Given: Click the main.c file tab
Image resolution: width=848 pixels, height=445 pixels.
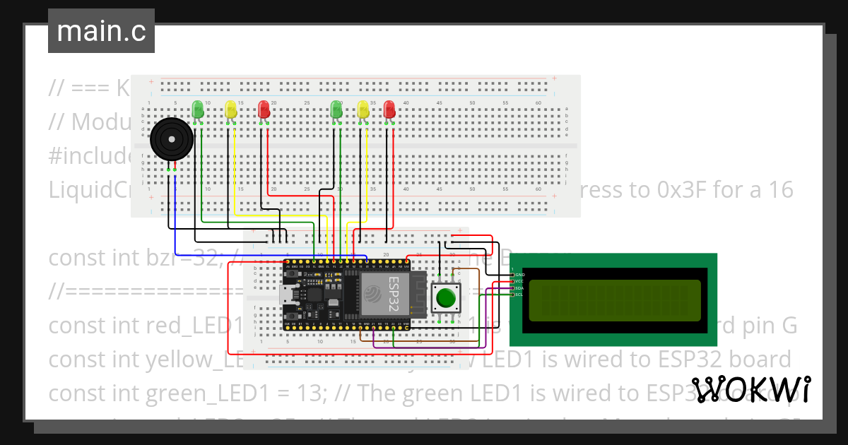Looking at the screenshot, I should point(101,32).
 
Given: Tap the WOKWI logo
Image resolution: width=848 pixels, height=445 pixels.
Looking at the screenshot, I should point(750,389).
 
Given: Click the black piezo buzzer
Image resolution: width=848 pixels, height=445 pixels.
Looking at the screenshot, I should point(172,138).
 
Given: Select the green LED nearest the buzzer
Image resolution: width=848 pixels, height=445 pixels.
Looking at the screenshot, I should point(198,109).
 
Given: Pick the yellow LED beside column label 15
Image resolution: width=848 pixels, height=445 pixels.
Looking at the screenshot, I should point(230,109).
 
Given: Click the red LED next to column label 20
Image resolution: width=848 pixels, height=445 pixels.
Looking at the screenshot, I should point(264,109).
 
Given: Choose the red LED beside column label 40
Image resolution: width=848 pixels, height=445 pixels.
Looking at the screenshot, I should point(389,109).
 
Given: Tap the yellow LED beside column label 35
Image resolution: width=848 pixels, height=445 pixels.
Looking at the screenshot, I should point(363,109).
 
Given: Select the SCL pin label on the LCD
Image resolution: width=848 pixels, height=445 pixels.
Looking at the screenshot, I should point(519,295).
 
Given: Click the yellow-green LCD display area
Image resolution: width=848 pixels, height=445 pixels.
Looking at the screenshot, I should point(614,300).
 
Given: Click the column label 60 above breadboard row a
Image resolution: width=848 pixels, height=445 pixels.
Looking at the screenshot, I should point(538,103).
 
